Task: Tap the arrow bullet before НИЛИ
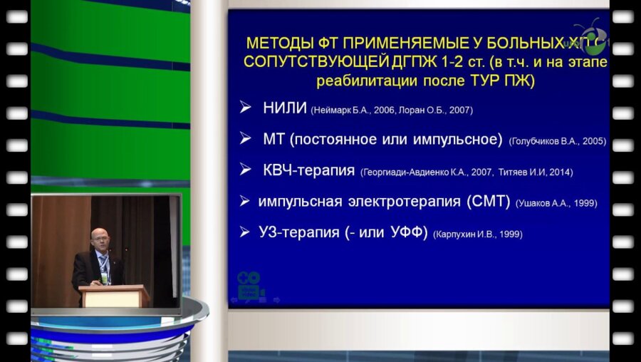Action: (x=245, y=108)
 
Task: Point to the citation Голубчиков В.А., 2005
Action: (x=558, y=141)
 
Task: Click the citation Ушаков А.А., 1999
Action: (x=556, y=204)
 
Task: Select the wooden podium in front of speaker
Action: (x=113, y=295)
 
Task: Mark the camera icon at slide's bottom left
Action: (x=249, y=285)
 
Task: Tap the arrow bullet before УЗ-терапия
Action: (x=245, y=231)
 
